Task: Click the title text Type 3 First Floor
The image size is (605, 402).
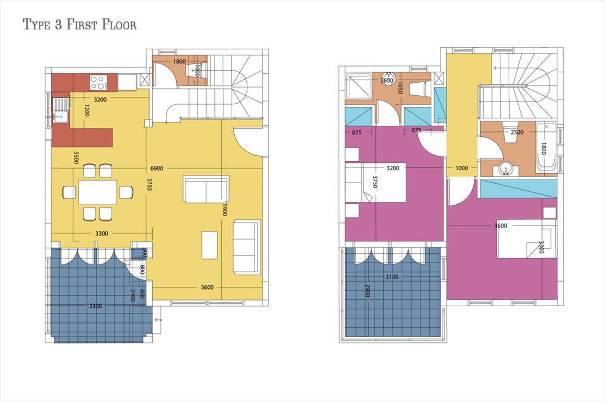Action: tap(80, 25)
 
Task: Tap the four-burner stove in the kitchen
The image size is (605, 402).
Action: tap(98, 82)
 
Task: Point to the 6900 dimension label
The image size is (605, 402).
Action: tap(157, 169)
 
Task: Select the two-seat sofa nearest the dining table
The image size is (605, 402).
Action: tap(207, 189)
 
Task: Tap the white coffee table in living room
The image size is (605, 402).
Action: tap(210, 245)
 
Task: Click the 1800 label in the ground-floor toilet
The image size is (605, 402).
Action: tap(179, 61)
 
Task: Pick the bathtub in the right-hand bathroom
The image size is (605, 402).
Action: tap(546, 148)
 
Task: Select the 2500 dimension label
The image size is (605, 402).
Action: tap(517, 132)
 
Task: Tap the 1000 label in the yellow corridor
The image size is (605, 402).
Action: tap(462, 168)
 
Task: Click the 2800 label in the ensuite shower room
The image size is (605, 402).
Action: tap(386, 81)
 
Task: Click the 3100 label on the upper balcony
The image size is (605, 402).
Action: tap(392, 277)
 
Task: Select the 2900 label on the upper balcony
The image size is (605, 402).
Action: tap(367, 291)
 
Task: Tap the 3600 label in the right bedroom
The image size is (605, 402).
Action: tap(500, 226)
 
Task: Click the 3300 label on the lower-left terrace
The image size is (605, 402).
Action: tap(96, 306)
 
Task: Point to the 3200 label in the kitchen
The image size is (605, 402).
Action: tap(100, 99)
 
